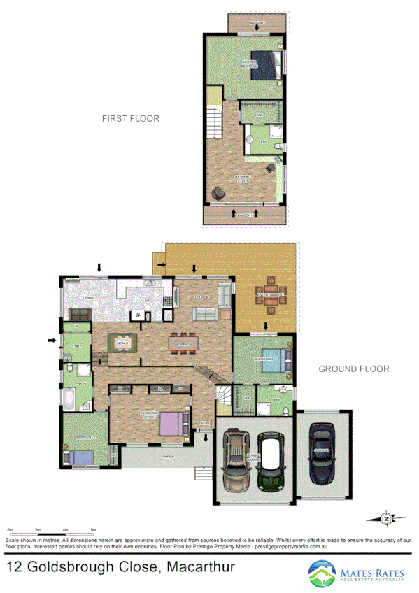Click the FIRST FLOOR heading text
tap(131, 119)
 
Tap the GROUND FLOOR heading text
tap(353, 369)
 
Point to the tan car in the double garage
tap(236, 462)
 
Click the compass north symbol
tap(385, 518)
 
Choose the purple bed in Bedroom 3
tap(171, 423)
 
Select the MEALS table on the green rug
tap(122, 342)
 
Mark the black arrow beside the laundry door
tap(52, 341)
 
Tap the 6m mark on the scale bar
tap(92, 531)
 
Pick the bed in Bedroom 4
tap(78, 458)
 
